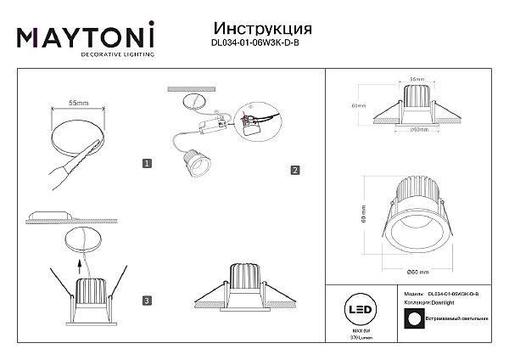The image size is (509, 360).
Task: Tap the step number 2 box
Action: click(294, 170)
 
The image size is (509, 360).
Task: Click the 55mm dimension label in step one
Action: click(78, 103)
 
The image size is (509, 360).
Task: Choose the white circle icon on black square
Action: click(415, 318)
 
